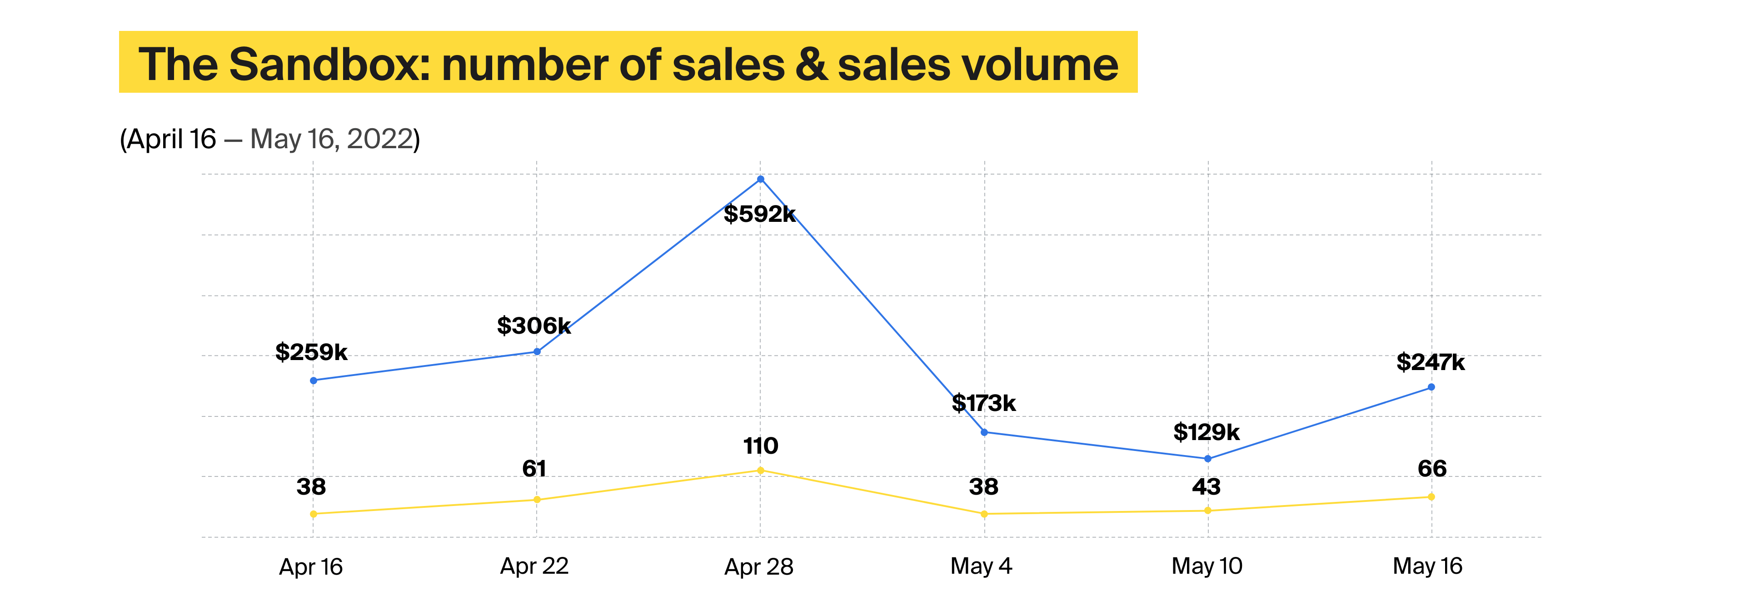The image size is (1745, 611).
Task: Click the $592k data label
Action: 759,214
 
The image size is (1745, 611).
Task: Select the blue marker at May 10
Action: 1208,459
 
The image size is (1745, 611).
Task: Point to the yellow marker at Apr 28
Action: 760,470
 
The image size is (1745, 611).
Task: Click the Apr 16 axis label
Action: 311,566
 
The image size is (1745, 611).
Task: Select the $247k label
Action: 1430,362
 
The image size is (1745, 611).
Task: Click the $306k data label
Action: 534,326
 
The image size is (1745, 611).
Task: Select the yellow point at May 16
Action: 1431,496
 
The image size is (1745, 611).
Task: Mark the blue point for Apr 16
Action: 313,381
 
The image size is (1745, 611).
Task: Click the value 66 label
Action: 1432,468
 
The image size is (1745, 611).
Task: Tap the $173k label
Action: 983,403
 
